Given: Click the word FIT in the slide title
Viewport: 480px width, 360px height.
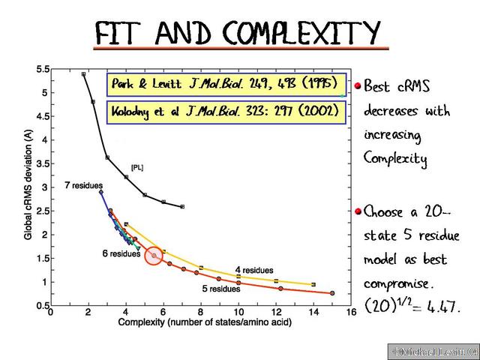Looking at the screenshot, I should [x=124, y=33].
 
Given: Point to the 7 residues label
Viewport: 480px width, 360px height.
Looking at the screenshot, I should [x=83, y=184].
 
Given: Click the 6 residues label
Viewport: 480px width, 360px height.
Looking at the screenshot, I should [x=121, y=254].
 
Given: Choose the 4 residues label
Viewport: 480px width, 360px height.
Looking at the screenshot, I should [x=253, y=270].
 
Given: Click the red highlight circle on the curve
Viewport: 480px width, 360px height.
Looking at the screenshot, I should [x=154, y=256].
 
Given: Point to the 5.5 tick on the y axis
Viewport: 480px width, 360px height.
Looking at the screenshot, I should [x=43, y=70].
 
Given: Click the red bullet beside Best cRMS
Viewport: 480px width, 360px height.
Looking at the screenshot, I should [x=358, y=86].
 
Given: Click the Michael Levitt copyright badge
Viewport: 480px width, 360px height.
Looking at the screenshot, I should [x=433, y=351].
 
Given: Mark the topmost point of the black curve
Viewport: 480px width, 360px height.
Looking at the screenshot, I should [x=83, y=74].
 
